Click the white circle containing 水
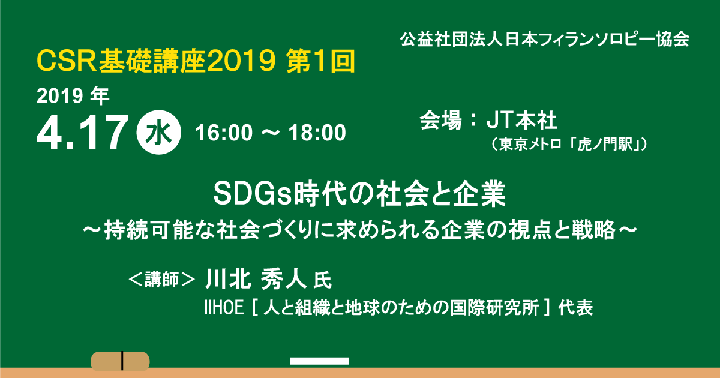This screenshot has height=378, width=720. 159,133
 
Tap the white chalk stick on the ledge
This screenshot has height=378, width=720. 319,361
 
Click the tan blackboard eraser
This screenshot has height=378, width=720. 120,361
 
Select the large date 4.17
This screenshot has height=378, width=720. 82,132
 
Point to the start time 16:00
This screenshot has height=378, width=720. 224,133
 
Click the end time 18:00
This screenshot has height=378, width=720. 317,133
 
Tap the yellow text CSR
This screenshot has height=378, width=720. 67,61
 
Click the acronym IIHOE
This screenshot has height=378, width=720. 224,308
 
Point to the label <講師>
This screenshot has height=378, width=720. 161,279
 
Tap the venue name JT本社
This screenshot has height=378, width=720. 521,120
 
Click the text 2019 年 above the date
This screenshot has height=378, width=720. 73,96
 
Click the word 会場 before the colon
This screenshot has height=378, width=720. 441,120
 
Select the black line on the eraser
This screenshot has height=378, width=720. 122,361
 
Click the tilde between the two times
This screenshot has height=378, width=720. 271,133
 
